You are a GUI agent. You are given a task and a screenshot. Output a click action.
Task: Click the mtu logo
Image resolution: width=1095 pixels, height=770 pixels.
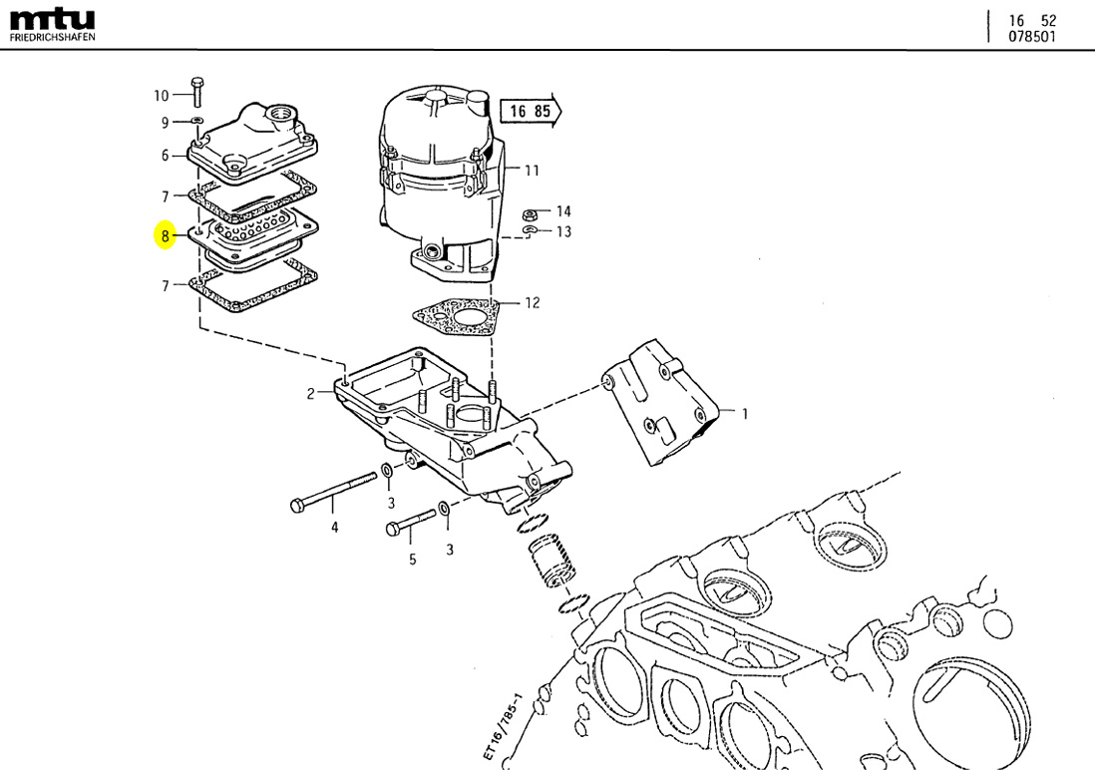coord(52,19)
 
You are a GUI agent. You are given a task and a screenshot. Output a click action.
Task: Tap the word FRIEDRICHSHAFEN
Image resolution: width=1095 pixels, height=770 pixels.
coord(53,38)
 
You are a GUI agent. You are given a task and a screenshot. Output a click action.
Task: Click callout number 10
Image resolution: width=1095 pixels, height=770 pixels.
coord(161,96)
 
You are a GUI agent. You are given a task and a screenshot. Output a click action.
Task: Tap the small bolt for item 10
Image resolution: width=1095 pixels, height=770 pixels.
coord(195,92)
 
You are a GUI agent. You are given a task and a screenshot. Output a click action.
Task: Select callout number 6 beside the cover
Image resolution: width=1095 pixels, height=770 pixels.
coord(166,155)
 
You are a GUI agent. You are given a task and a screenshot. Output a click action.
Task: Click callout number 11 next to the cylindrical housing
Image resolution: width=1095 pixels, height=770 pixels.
coord(532,171)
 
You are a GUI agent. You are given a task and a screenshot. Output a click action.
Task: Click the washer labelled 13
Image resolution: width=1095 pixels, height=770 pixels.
coord(531,232)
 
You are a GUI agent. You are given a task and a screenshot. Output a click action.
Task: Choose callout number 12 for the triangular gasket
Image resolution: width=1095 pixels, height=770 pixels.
coord(532,302)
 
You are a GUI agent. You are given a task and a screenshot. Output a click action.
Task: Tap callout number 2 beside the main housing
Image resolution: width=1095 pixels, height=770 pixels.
coord(311,394)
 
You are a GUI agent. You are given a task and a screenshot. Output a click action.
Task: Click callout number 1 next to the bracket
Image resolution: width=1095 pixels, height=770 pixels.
coord(743,412)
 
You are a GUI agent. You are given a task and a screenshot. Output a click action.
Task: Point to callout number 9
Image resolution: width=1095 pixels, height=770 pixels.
coord(166,123)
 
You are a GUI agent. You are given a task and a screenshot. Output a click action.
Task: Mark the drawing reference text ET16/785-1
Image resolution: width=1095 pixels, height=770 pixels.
coord(504,727)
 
